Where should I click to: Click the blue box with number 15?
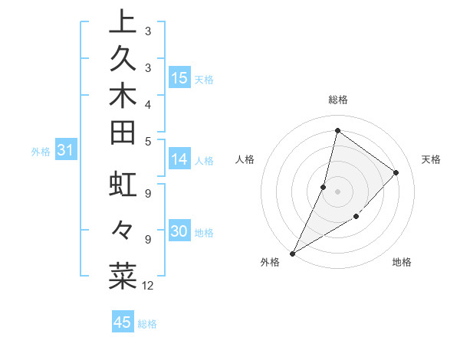(179, 77)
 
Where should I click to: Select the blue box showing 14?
(179, 159)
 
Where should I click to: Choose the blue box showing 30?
(179, 232)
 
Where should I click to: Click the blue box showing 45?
(123, 322)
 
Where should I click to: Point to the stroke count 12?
(148, 286)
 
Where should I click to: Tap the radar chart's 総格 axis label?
(337, 100)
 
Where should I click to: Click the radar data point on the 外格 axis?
(292, 253)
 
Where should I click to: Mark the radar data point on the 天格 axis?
(396, 172)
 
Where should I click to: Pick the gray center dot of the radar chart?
(337, 191)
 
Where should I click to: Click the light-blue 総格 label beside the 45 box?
(147, 324)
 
